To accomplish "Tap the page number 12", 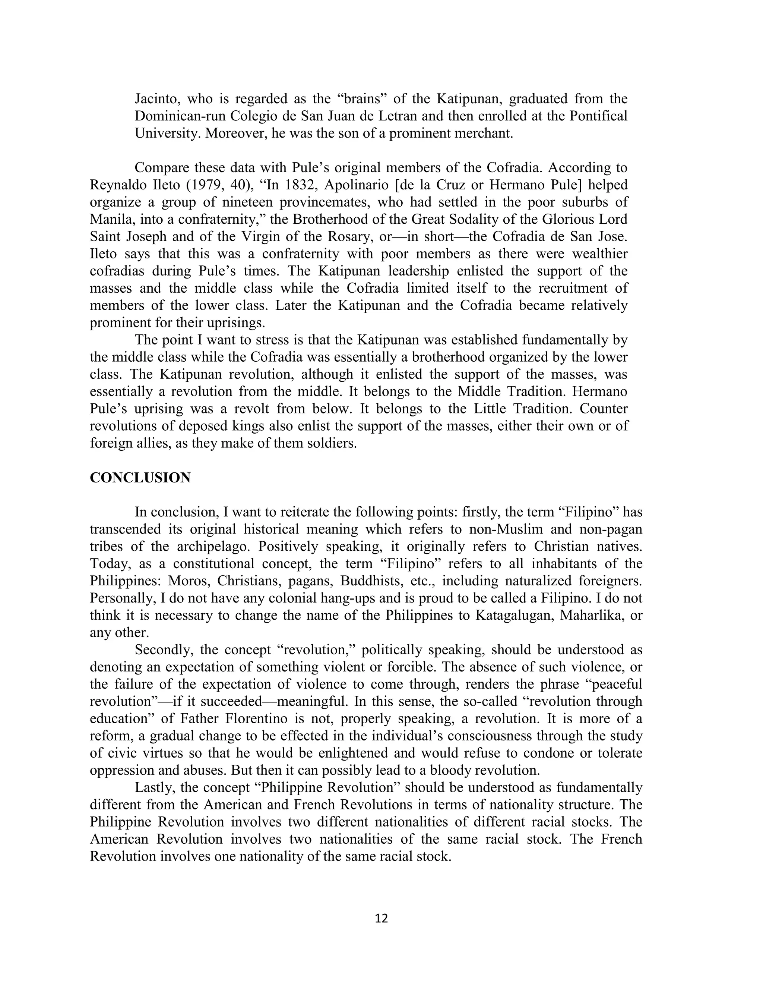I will pyautogui.click(x=381, y=918).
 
